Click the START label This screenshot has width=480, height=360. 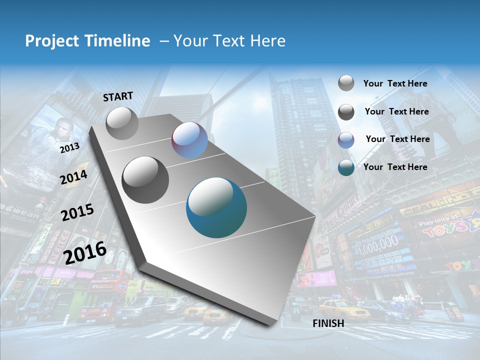point(118,96)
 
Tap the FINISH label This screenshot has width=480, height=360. point(328,323)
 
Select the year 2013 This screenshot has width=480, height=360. point(69,147)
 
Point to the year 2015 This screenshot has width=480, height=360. point(77,212)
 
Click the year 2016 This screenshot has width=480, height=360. point(85,253)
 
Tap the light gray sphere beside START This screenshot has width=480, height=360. point(122,123)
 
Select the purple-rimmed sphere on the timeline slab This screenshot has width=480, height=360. point(189,140)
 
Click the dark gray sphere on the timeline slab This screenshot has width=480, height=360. point(145,180)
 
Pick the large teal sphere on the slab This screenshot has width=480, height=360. point(216,207)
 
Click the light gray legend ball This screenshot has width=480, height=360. point(346,83)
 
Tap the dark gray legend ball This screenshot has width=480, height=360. point(346,111)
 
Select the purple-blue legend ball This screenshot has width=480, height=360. point(346,139)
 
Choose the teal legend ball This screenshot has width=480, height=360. point(346,167)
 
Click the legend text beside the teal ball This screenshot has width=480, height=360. point(395,167)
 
